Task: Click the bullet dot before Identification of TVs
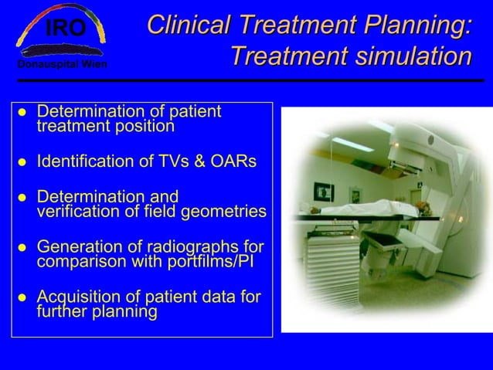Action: pyautogui.click(x=23, y=163)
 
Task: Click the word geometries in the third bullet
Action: pyautogui.click(x=229, y=211)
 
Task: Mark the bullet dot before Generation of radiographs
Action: pyautogui.click(x=23, y=248)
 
